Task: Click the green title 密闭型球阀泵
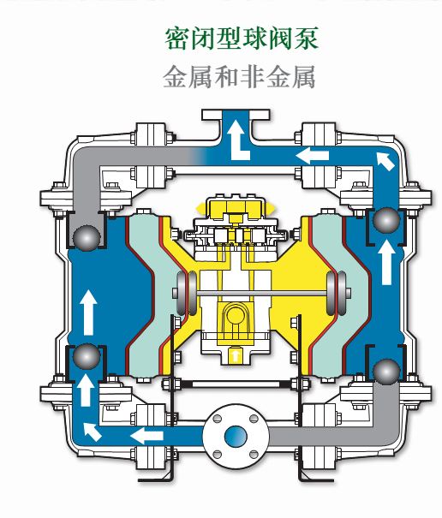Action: click(x=242, y=39)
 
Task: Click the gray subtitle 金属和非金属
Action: click(x=239, y=77)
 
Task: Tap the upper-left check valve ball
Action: click(x=87, y=238)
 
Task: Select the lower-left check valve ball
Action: click(x=87, y=357)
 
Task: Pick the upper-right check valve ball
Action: click(x=386, y=220)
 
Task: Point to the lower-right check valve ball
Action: click(x=386, y=372)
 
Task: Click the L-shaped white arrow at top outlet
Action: click(x=237, y=140)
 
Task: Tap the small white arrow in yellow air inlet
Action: click(x=235, y=355)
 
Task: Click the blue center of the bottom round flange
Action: click(x=236, y=437)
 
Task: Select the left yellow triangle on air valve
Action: click(x=200, y=209)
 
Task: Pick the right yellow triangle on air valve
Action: click(x=270, y=209)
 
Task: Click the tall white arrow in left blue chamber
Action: click(x=88, y=313)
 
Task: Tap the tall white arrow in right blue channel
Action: click(x=386, y=262)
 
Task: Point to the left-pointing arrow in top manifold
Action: click(x=313, y=155)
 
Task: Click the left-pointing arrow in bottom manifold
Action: click(x=146, y=436)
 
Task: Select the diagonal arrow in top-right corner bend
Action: click(x=385, y=161)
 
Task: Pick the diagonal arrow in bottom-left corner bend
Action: click(x=93, y=432)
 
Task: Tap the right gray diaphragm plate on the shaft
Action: click(x=336, y=293)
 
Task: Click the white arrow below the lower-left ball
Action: click(x=86, y=390)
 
